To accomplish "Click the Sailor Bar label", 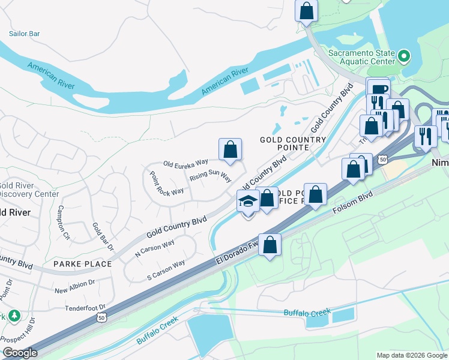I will point(24,34).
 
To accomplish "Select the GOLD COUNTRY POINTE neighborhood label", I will point(284,143).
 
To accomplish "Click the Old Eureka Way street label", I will point(185,162).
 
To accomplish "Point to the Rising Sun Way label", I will point(210,177).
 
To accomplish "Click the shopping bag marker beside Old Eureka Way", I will point(230,149).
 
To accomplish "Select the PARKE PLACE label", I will point(82,264).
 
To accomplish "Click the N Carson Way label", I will point(155,248).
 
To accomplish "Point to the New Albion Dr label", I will point(74,286).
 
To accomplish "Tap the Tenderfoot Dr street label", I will point(89,307).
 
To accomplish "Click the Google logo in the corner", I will point(20,353).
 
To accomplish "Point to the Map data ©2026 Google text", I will point(411,355).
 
